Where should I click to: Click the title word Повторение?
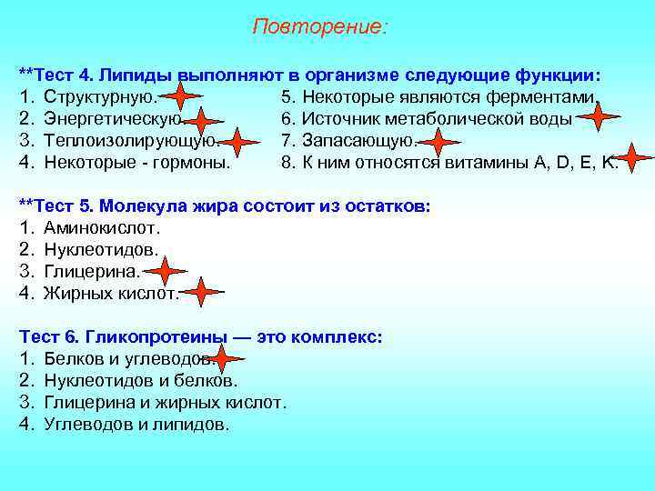coord(319,27)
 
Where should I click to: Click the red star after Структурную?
coord(182,95)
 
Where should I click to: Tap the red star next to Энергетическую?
coord(202,120)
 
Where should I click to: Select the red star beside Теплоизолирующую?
coord(239,143)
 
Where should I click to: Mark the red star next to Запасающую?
coord(440,142)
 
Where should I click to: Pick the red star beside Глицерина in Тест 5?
coord(165,271)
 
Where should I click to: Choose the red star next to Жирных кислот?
coord(202,292)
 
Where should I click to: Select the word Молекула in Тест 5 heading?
coord(139,205)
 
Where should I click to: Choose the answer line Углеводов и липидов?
coord(136,424)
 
